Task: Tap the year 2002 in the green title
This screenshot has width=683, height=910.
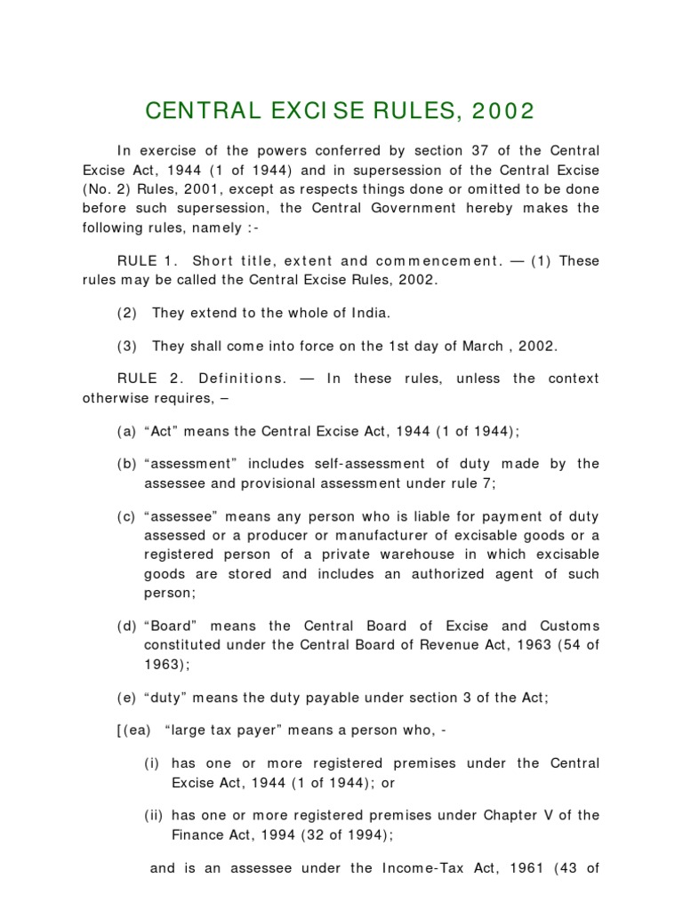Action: pyautogui.click(x=504, y=111)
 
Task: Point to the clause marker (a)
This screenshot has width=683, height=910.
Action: pyautogui.click(x=125, y=431)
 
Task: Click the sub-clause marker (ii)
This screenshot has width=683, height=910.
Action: pyautogui.click(x=155, y=816)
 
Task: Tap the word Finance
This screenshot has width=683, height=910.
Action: pyautogui.click(x=197, y=835)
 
